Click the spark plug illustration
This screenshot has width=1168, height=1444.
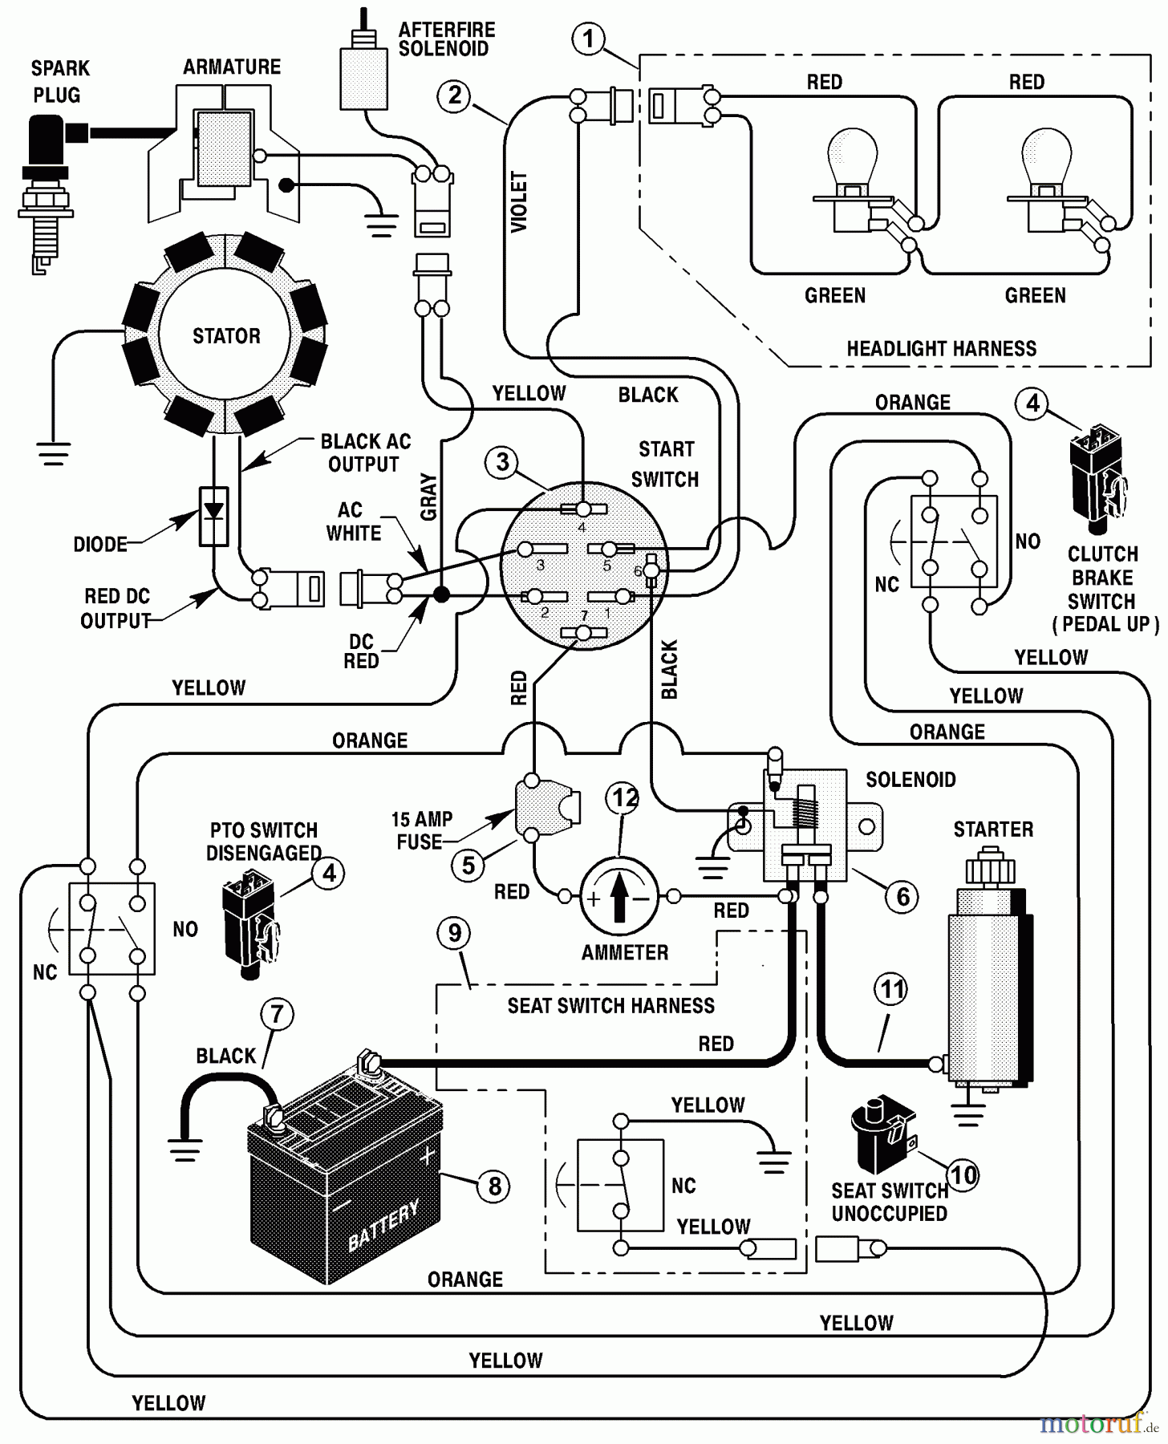45,193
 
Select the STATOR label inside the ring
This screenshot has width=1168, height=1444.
226,336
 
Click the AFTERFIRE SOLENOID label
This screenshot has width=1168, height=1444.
447,39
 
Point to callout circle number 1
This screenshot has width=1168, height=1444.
589,39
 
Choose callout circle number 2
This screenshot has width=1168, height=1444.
454,96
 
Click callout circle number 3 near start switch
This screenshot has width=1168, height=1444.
502,462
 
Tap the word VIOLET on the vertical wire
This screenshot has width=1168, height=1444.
520,201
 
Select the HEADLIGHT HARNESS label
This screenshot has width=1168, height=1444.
941,349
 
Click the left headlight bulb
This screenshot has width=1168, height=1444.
850,160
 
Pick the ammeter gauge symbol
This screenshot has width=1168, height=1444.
618,897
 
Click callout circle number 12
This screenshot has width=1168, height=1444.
625,797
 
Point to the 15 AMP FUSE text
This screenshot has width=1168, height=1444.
421,830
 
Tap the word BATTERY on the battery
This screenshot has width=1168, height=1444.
383,1225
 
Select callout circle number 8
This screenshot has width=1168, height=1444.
494,1186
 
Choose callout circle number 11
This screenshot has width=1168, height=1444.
893,990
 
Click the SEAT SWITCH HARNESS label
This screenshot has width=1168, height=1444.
610,1006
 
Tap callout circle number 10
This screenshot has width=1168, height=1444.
963,1175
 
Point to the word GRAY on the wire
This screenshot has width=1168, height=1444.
429,497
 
